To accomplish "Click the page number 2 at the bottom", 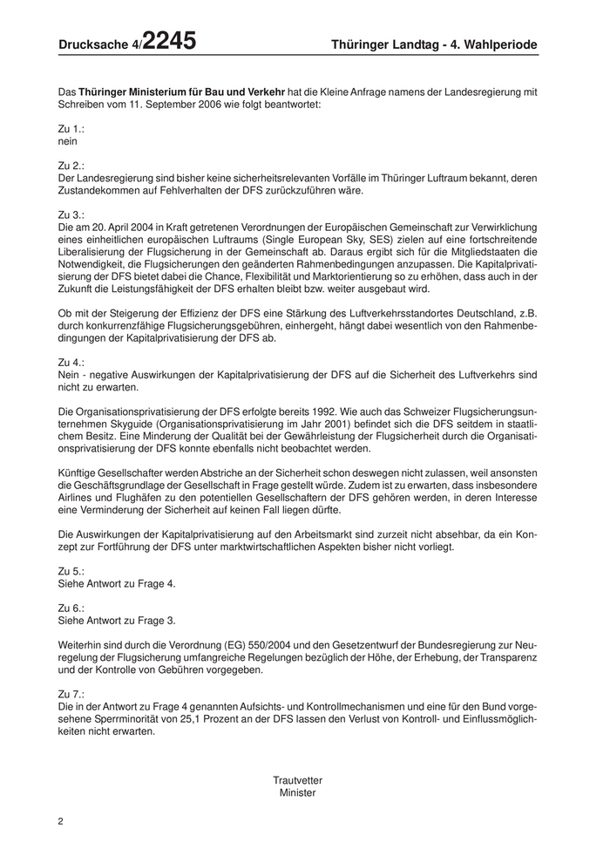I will [x=60, y=821].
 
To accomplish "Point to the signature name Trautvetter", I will [x=297, y=780].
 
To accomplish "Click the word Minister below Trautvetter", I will [x=297, y=792].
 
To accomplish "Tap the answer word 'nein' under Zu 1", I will [x=67, y=140].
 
